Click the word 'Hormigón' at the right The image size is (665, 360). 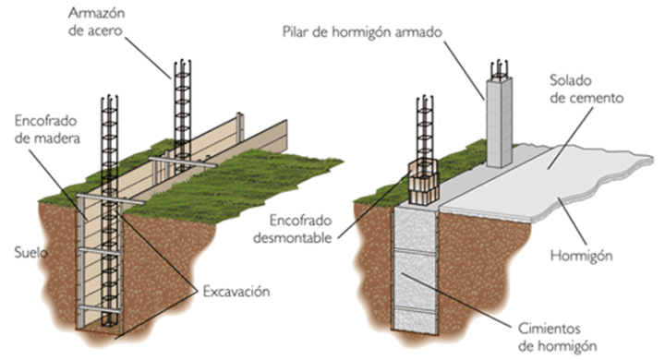pyautogui.click(x=591, y=253)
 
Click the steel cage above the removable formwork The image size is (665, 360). pyautogui.click(x=427, y=129)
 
